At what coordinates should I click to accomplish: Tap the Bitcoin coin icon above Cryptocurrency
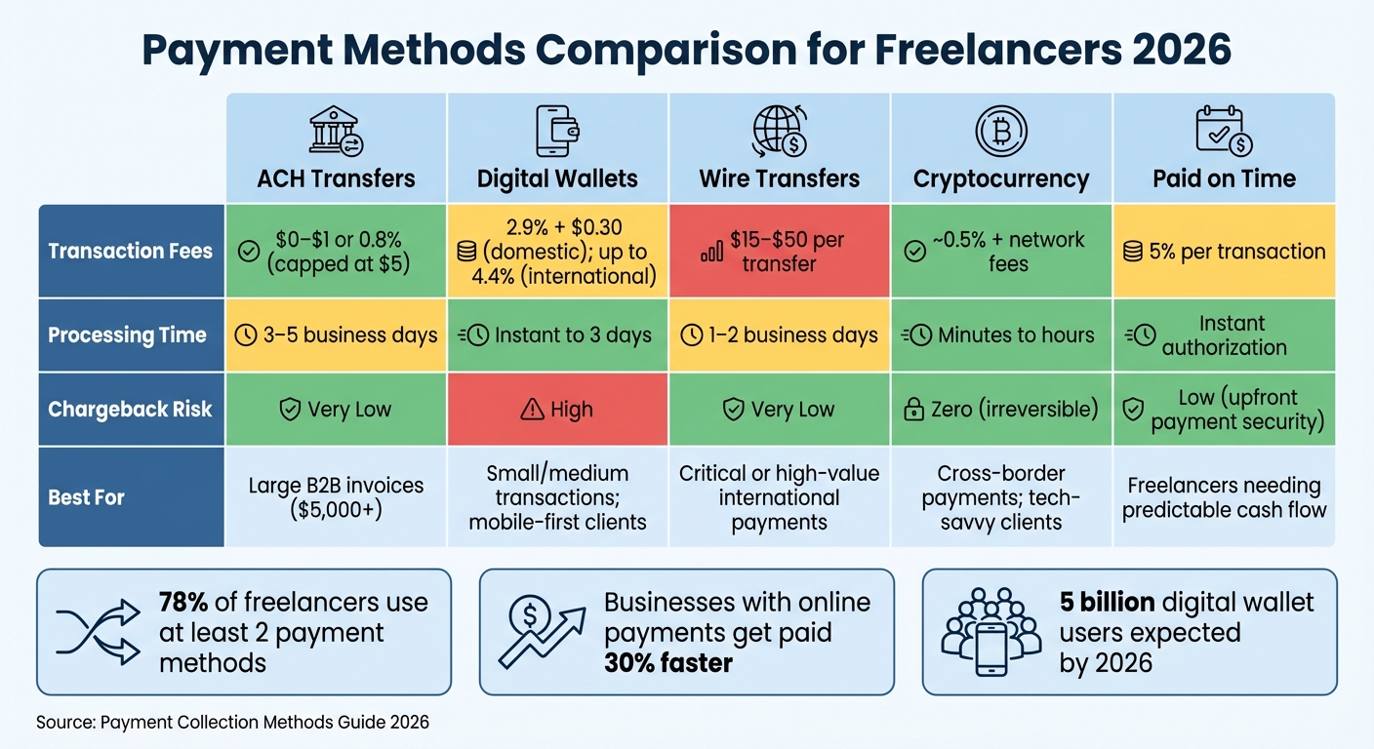1000,131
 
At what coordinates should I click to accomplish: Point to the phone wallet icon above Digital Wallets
557,132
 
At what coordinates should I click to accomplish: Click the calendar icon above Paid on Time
1223,132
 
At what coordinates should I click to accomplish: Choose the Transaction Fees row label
131,251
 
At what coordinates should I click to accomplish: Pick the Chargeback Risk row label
131,410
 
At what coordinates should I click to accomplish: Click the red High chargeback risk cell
557,410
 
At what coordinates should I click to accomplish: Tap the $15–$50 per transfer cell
779,251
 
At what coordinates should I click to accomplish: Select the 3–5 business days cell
336,335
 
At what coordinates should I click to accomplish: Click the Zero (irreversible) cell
1000,410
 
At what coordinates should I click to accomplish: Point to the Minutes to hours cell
1000,335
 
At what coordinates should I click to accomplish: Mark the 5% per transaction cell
1223,251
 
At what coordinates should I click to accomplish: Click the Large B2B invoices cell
336,497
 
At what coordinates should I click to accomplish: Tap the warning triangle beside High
532,410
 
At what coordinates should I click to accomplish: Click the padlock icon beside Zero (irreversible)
913,410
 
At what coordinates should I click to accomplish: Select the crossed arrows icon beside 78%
98,633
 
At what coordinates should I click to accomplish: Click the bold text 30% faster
668,663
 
